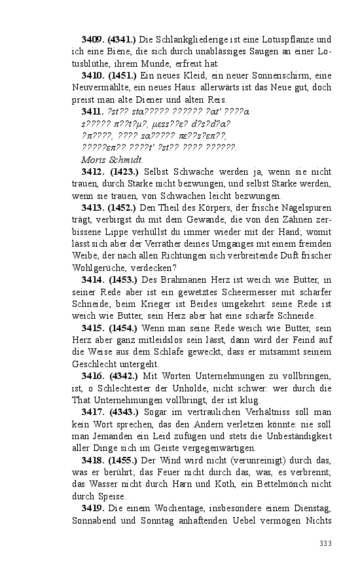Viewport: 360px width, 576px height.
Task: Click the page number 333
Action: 325,543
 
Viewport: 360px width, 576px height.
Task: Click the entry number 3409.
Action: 93,40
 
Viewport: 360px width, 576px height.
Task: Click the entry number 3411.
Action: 93,112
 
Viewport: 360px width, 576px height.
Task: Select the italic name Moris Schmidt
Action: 112,159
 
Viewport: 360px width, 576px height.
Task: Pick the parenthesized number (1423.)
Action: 124,171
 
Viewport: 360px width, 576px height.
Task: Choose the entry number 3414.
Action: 93,279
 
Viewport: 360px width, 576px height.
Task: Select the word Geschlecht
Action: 96,363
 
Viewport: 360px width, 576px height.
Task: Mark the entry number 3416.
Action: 93,376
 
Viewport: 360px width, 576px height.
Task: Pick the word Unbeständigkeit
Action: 297,435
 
